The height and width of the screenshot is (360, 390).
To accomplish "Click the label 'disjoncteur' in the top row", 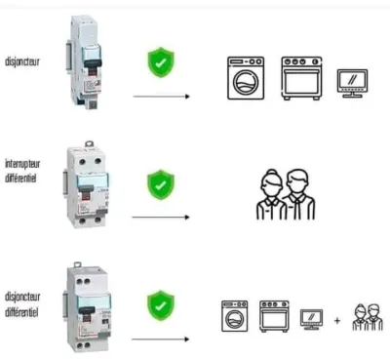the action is pyautogui.click(x=22, y=61).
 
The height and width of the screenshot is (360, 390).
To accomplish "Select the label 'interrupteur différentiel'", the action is pyautogui.click(x=22, y=171).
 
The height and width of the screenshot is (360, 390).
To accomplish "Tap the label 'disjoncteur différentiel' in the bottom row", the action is pyautogui.click(x=22, y=304).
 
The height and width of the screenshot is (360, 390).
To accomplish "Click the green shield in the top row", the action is pyautogui.click(x=161, y=62).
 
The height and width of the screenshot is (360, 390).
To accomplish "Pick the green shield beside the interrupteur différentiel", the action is pyautogui.click(x=161, y=184).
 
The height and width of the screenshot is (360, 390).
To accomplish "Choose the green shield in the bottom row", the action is pyautogui.click(x=161, y=305).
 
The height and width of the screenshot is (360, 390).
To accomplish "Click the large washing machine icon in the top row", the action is pyautogui.click(x=246, y=78).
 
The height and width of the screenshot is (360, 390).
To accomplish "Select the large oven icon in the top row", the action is pyautogui.click(x=301, y=78).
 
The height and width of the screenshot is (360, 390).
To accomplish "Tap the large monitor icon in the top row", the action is pyautogui.click(x=352, y=83).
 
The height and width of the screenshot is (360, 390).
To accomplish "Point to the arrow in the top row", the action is pyautogui.click(x=161, y=97).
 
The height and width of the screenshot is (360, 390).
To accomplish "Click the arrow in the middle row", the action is pyautogui.click(x=161, y=217).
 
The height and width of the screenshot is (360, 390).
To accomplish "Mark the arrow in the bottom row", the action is pyautogui.click(x=160, y=340).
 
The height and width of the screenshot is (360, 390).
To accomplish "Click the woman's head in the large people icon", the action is pyautogui.click(x=272, y=182).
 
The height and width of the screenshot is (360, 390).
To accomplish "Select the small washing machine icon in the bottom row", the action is pyautogui.click(x=235, y=316).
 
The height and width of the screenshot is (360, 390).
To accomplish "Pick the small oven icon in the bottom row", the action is pyautogui.click(x=274, y=316).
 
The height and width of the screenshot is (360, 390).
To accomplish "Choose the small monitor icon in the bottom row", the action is pyautogui.click(x=311, y=319).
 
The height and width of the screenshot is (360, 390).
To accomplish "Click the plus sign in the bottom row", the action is pyautogui.click(x=337, y=321).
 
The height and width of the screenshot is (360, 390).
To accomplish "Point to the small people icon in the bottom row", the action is pyautogui.click(x=368, y=317).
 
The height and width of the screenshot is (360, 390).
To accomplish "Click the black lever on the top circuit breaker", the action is pyautogui.click(x=93, y=63).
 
